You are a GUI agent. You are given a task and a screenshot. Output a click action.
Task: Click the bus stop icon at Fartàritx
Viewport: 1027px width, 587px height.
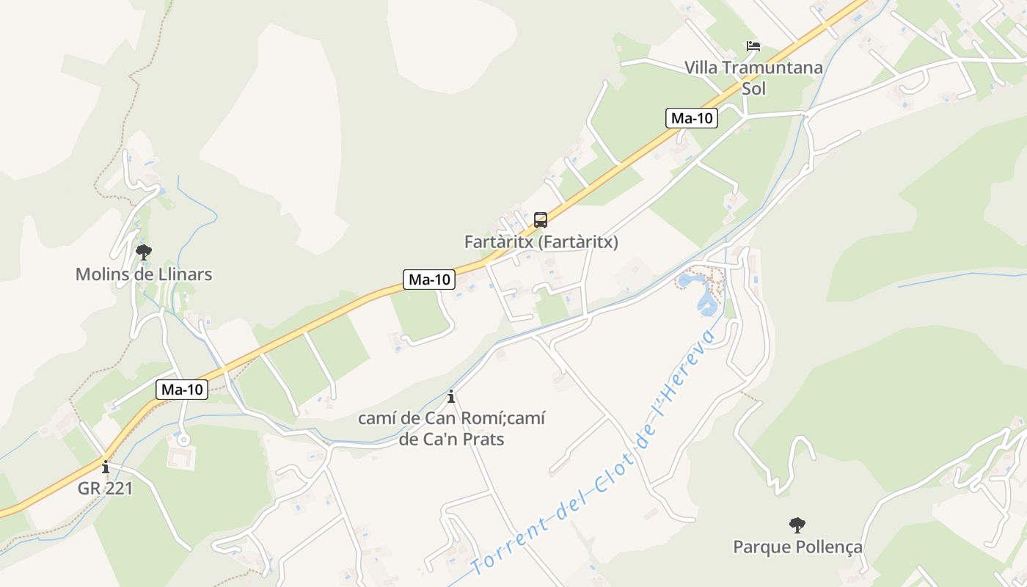(x=541, y=219)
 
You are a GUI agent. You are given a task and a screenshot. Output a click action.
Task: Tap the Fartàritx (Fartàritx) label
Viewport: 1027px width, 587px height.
(x=541, y=242)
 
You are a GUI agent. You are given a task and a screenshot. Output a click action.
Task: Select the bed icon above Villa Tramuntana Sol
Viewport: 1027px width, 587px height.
(x=753, y=46)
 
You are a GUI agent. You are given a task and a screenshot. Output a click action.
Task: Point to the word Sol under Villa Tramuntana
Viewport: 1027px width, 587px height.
(x=753, y=89)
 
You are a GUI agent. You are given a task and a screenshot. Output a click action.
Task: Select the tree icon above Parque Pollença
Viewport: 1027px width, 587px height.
(x=797, y=525)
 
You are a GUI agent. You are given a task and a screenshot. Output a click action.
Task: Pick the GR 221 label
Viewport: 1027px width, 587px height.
(x=106, y=488)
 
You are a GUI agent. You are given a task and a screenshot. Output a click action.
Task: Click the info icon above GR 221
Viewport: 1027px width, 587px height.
(x=106, y=467)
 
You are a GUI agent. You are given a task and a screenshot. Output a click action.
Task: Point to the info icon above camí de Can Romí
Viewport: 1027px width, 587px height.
(x=451, y=397)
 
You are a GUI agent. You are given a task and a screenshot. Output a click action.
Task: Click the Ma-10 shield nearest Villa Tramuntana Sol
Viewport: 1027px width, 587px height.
(x=692, y=118)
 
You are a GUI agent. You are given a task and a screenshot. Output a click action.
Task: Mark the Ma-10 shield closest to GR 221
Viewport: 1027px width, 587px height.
(x=182, y=390)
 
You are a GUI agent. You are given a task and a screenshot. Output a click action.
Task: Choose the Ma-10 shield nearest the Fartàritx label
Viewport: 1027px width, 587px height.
(x=429, y=280)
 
